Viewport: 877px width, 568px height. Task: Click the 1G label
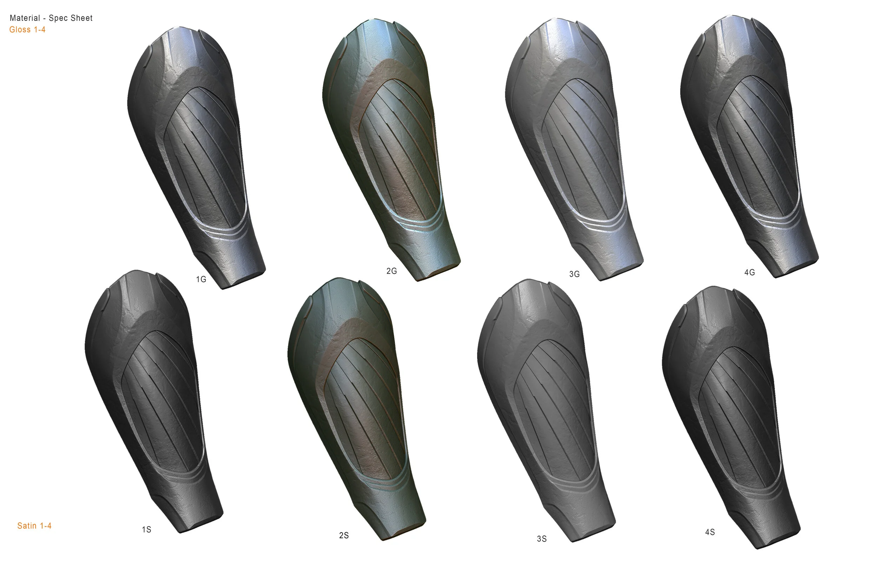point(201,279)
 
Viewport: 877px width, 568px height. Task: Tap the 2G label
point(391,271)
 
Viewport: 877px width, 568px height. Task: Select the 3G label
point(575,274)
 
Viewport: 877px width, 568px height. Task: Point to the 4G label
point(750,272)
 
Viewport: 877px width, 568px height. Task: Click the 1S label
point(147,530)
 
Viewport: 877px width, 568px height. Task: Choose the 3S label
point(542,539)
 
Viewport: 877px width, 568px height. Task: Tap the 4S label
point(710,532)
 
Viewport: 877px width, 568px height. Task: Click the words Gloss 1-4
point(28,30)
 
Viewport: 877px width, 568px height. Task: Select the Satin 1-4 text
point(34,526)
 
